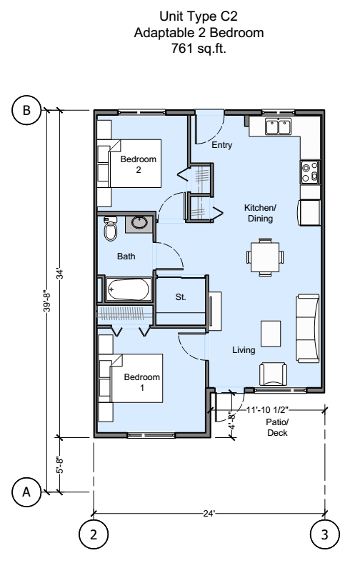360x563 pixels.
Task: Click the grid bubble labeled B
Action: pyautogui.click(x=27, y=111)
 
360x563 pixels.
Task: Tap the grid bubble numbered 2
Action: pyautogui.click(x=94, y=533)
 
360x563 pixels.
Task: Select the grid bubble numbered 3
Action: pyautogui.click(x=325, y=533)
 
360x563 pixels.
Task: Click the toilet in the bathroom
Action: pyautogui.click(x=109, y=229)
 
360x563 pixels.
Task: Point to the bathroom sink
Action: pyautogui.click(x=140, y=223)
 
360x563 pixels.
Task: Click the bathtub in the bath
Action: pyautogui.click(x=129, y=290)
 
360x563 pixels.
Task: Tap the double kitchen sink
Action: pyautogui.click(x=278, y=127)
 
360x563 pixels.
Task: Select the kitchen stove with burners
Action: pyautogui.click(x=310, y=171)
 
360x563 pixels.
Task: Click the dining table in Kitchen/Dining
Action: pyautogui.click(x=265, y=256)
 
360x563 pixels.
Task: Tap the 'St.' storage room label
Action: pyautogui.click(x=181, y=298)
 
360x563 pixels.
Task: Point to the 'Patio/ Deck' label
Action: pyautogui.click(x=275, y=427)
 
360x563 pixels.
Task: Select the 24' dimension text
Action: pyautogui.click(x=209, y=513)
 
